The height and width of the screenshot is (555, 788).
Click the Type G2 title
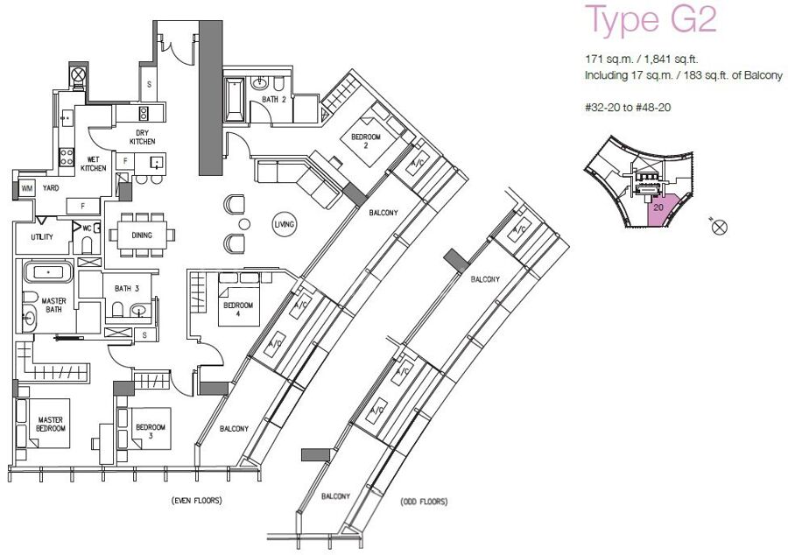point(651,19)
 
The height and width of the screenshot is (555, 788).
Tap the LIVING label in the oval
point(284,224)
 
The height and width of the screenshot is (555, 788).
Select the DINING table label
point(142,235)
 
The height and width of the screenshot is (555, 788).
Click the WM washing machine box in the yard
point(26,188)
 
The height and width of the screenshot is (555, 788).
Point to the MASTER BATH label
point(53,306)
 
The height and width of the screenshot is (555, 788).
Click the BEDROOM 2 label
point(365,141)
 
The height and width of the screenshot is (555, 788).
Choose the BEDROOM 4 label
point(238,309)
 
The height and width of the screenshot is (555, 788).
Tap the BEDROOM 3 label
point(151,432)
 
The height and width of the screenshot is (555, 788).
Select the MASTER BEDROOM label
point(51,424)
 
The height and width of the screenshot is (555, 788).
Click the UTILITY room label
point(42,236)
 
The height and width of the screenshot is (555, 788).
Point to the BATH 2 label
point(273,100)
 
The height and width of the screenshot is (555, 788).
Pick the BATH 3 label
point(127,288)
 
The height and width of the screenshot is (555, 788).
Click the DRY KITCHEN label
point(142,137)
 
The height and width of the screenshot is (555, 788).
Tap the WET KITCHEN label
point(94,164)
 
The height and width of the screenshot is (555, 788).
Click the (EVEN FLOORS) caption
point(196,500)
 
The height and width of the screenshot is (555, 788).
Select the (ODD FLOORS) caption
point(424,502)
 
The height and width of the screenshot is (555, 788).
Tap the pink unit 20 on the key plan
point(661,209)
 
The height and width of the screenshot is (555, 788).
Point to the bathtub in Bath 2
point(234,100)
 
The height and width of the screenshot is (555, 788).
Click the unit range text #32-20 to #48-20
point(628,107)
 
